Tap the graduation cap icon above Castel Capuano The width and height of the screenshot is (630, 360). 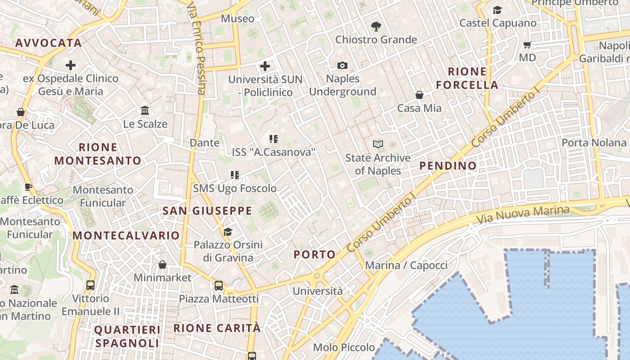click(497, 10)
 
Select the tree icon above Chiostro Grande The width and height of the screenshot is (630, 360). click(376, 27)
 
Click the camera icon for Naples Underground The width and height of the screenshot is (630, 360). click(342, 66)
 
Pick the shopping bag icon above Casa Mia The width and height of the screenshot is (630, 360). click(419, 95)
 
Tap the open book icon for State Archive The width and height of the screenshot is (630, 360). click(378, 144)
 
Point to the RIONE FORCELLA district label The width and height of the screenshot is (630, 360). click(467, 78)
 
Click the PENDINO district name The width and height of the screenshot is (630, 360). click(448, 166)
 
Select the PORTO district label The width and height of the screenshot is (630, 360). click(315, 255)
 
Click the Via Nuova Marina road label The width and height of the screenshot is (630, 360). click(523, 215)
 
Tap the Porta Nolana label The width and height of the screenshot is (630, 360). click(594, 143)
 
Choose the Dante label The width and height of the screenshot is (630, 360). click(205, 143)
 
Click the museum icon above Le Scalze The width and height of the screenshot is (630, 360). click(145, 111)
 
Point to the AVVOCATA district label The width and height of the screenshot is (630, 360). click(49, 43)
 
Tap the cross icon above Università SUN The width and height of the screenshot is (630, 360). click(265, 67)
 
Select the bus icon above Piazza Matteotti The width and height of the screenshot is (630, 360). click(219, 286)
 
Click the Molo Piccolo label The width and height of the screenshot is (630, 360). click(344, 347)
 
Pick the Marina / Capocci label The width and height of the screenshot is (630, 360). click(406, 265)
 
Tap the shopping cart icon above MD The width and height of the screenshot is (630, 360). click(527, 45)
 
